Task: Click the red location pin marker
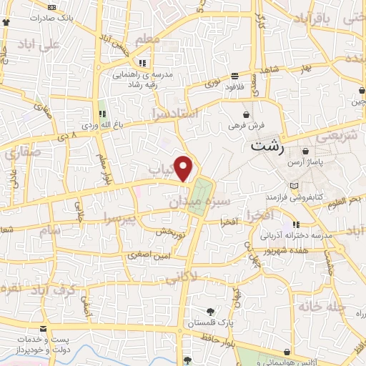click(x=184, y=168)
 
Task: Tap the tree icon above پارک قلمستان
click(x=209, y=312)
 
